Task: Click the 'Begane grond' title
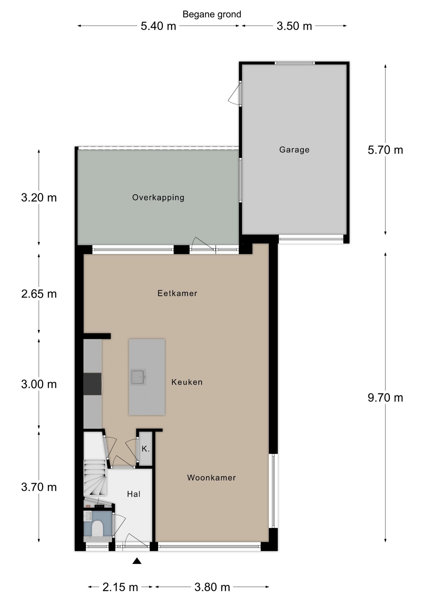pos(212,14)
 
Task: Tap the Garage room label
pos(294,150)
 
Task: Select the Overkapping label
pos(158,197)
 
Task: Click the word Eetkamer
pos(177,293)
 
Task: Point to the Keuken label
pos(187,382)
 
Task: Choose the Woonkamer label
pos(211,478)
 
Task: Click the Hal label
pos(134,494)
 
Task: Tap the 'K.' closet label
pos(145,449)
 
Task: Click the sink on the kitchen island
pos(138,377)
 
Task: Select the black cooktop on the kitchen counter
pos(93,384)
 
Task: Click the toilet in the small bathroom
pos(97,528)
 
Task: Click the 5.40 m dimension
pos(158,26)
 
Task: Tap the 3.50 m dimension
pos(294,26)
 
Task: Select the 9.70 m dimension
pos(385,398)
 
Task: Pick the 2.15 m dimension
pos(120,587)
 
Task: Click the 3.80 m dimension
pos(212,587)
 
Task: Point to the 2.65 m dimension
pos(39,294)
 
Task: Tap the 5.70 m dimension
pos(385,150)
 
